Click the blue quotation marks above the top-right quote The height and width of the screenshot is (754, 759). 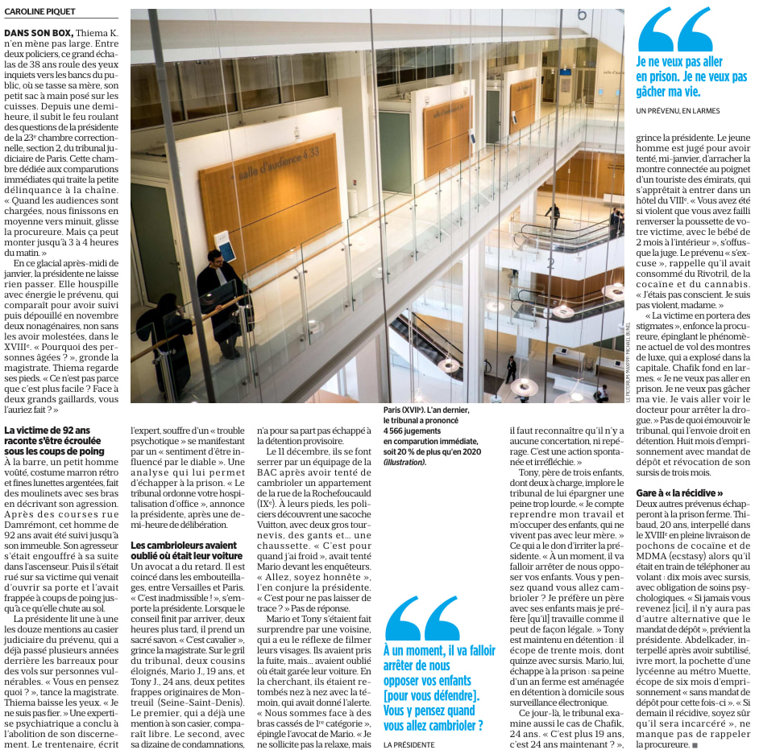[x=674, y=30]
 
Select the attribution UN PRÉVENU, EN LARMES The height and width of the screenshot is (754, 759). [x=678, y=110]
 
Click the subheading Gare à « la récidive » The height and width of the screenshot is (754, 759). [x=679, y=492]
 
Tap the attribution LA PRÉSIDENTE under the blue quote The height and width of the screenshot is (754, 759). [x=409, y=744]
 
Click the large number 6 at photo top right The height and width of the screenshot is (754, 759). [x=581, y=14]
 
